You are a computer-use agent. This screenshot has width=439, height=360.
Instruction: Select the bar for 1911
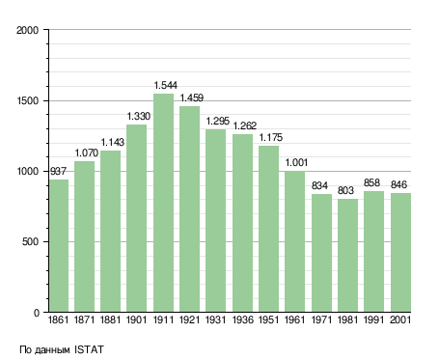163,203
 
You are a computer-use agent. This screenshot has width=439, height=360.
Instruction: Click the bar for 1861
59,246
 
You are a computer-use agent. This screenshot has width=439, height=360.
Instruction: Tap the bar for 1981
347,256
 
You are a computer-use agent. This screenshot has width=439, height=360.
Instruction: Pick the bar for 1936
242,223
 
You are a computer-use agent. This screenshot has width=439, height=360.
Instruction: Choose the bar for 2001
400,253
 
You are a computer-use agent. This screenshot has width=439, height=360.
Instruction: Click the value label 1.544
166,85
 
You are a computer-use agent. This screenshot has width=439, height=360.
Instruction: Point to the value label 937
58,171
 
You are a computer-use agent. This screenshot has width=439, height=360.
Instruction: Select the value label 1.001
296,163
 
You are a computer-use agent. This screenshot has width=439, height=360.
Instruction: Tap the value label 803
345,190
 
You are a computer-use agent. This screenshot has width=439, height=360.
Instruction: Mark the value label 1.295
218,122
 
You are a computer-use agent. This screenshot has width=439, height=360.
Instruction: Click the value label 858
371,182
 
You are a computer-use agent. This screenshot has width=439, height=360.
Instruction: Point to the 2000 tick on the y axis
28,30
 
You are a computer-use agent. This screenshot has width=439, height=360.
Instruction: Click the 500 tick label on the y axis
31,241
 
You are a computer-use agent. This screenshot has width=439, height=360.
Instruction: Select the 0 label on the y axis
37,313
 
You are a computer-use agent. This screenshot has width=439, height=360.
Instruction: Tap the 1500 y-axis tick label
28,100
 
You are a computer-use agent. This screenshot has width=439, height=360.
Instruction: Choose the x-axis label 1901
137,319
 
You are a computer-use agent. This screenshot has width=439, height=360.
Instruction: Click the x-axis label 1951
269,319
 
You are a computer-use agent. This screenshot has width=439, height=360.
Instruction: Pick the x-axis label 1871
84,319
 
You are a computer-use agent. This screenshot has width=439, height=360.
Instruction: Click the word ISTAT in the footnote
90,349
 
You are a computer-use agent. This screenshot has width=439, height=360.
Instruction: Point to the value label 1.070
87,152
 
